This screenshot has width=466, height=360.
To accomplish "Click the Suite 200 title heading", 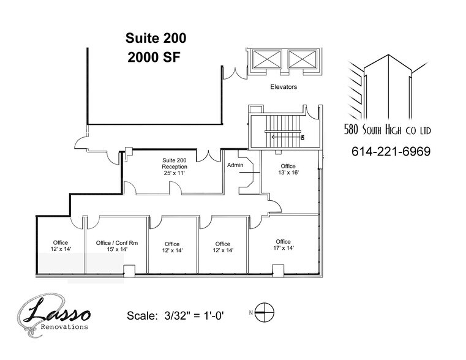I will (156, 38).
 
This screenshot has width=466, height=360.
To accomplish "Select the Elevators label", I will (284, 87).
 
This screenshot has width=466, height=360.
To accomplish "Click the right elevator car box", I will (300, 60).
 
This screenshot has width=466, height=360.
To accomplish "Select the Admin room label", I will (236, 165).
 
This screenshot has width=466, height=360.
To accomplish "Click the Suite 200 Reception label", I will (175, 167).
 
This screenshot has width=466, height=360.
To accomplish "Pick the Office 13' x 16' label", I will (288, 170).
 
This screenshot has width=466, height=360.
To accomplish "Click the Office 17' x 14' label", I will (283, 245).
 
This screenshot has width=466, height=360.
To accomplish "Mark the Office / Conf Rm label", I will (117, 247).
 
